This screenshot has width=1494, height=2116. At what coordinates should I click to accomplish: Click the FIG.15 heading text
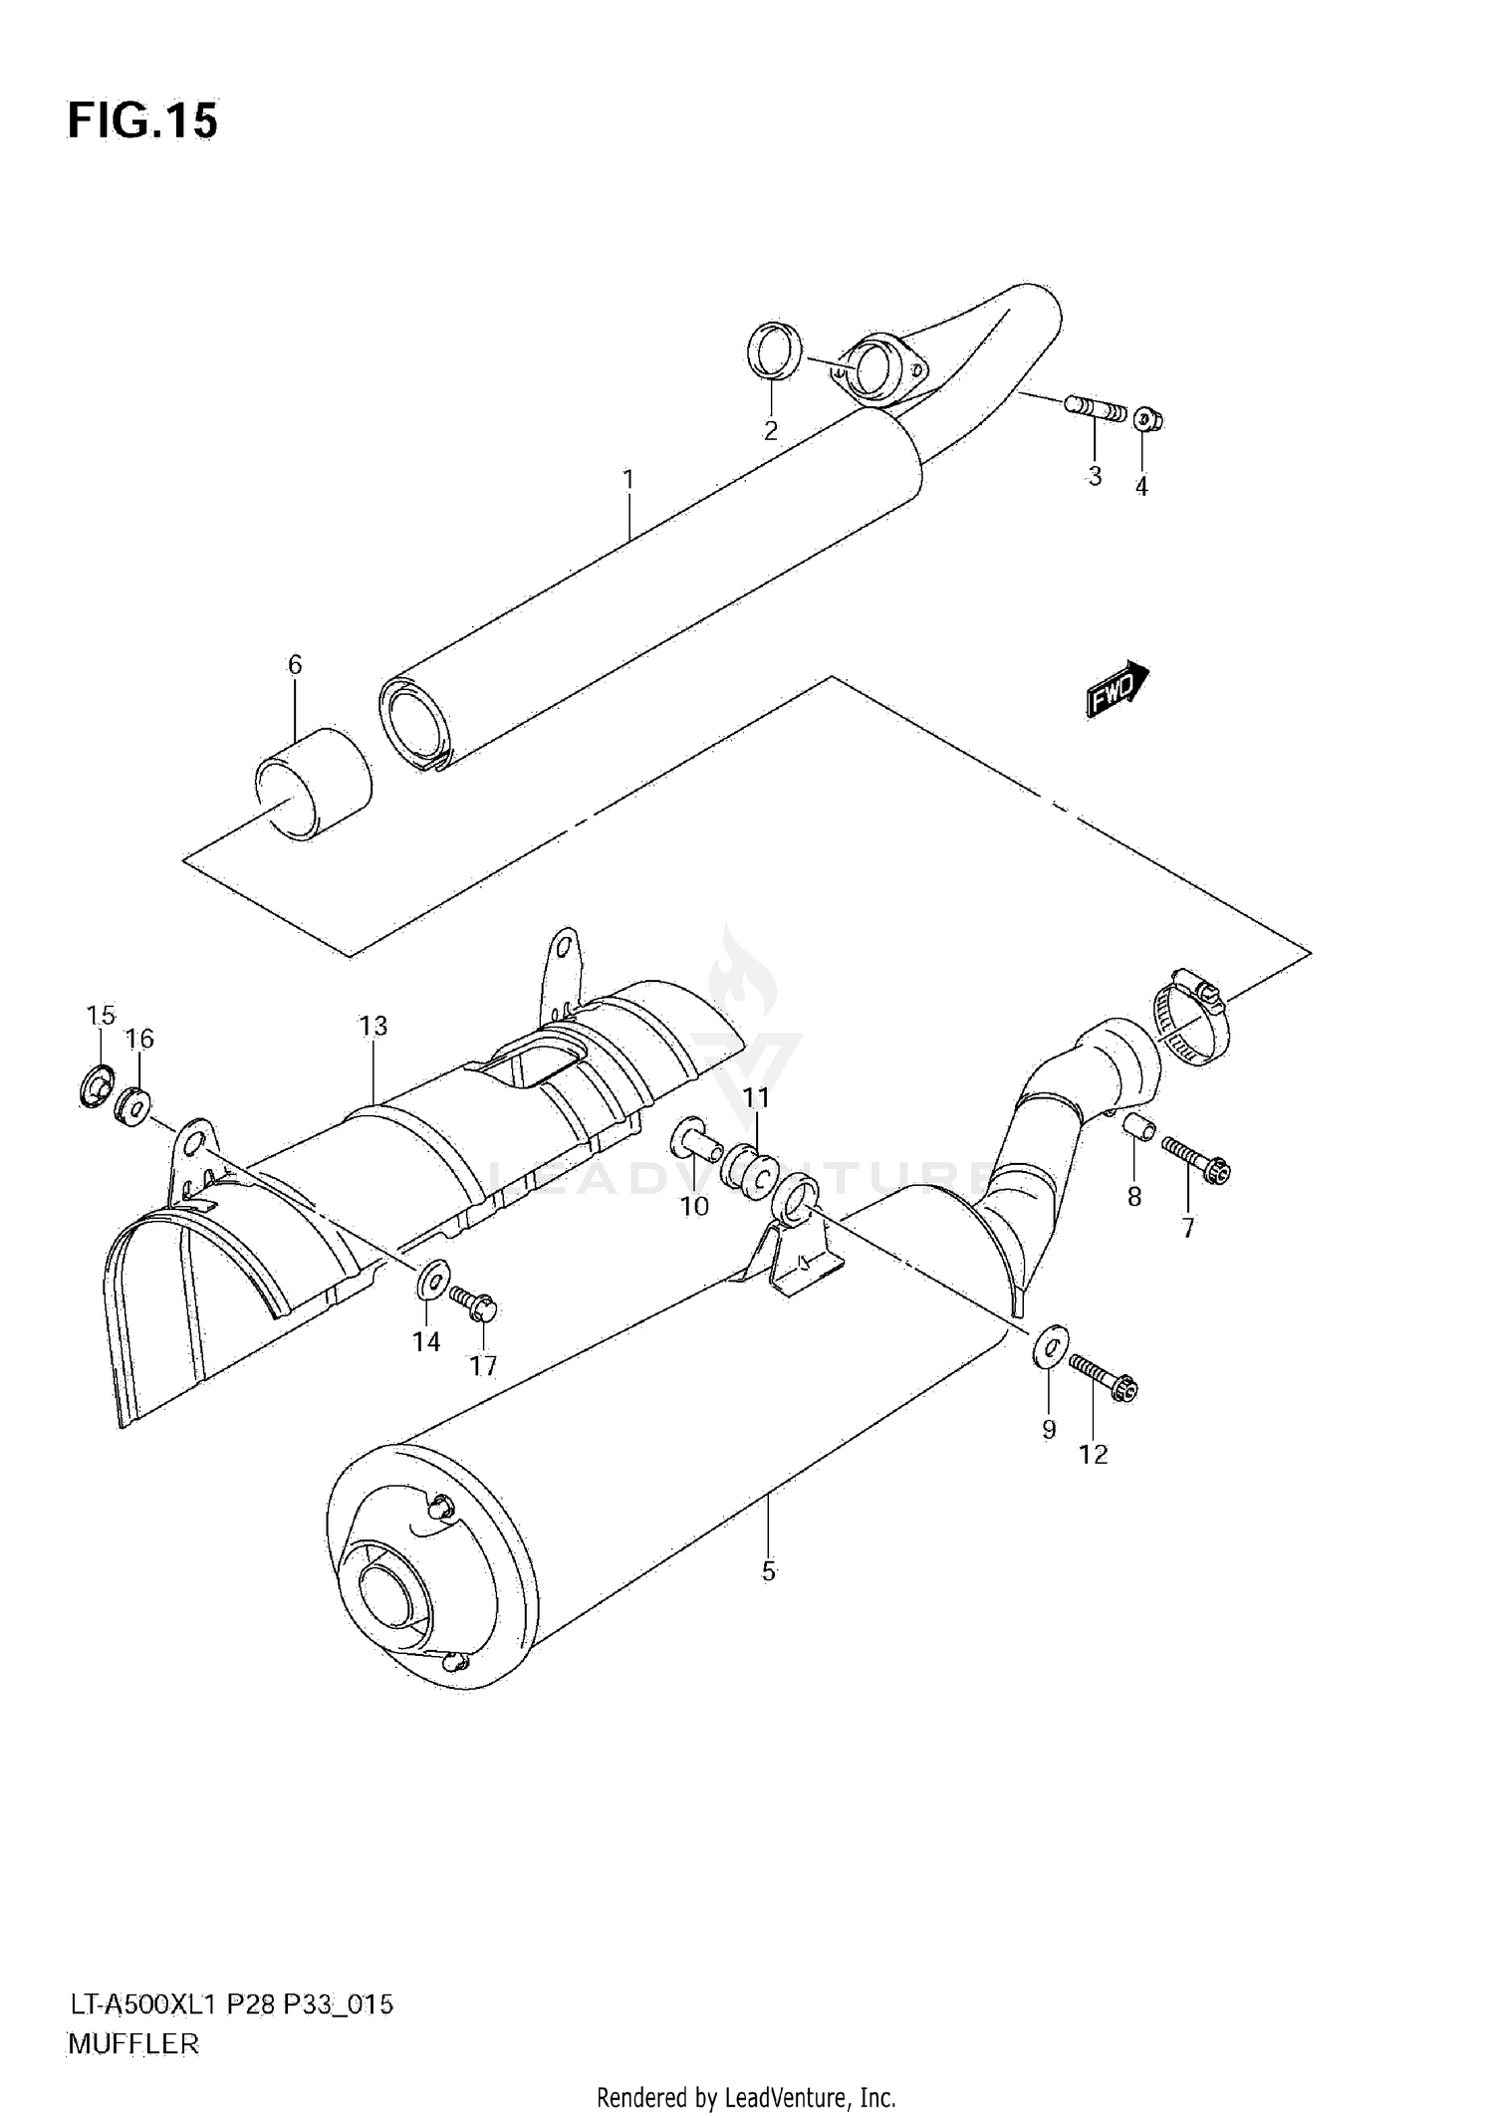click(x=141, y=121)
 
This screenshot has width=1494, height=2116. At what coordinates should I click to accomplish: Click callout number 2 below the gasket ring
click(x=770, y=431)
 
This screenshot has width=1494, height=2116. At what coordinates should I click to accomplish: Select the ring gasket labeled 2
click(x=774, y=351)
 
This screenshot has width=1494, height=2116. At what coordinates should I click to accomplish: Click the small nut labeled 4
click(x=1147, y=420)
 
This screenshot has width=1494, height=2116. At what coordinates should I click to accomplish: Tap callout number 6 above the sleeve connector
click(x=295, y=664)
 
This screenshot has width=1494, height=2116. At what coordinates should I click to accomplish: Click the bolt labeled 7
click(x=1195, y=1162)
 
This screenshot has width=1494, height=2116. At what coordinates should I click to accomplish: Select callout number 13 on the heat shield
click(x=373, y=1026)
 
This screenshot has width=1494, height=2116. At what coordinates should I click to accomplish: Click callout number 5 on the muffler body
click(x=768, y=1571)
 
